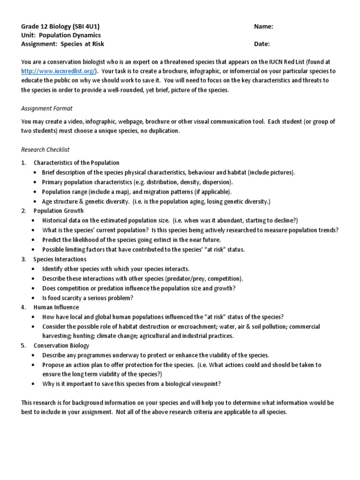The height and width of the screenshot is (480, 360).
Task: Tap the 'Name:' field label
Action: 263,27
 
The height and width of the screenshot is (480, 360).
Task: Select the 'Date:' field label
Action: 262,44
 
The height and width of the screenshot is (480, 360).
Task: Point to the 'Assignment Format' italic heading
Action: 47,108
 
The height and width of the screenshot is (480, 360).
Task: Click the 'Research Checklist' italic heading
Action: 45,150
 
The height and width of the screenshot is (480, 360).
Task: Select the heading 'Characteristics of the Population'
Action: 76,163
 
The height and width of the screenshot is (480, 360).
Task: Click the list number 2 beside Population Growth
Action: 23,211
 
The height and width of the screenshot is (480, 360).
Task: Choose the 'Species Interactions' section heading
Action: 60,259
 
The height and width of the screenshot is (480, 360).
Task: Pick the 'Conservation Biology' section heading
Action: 61,345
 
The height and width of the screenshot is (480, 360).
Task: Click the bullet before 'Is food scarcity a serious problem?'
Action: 35,298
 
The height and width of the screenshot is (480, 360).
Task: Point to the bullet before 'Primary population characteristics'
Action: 35,182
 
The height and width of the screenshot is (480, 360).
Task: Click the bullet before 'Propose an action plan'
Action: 35,365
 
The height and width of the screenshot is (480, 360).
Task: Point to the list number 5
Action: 23,345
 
